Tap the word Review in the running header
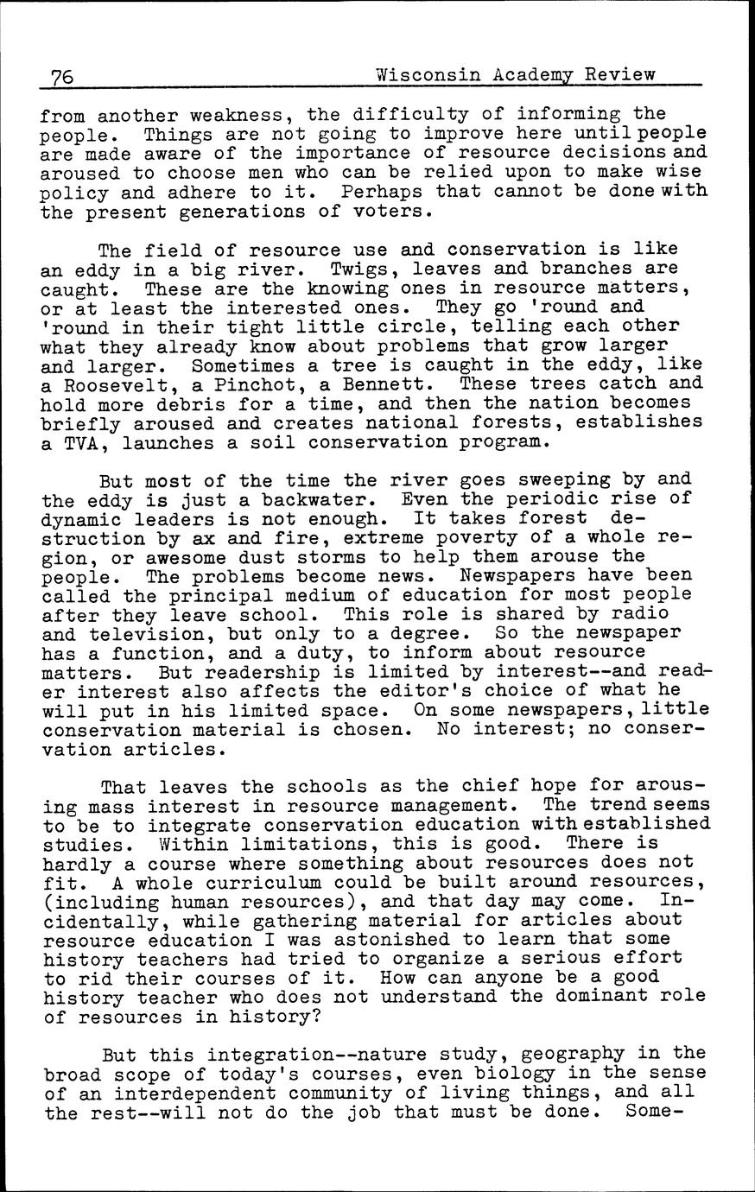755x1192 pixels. coord(619,74)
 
